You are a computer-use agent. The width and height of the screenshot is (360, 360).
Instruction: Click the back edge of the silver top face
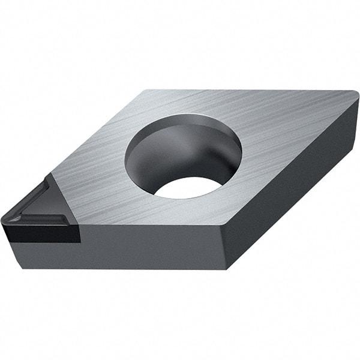coord(252,91)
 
